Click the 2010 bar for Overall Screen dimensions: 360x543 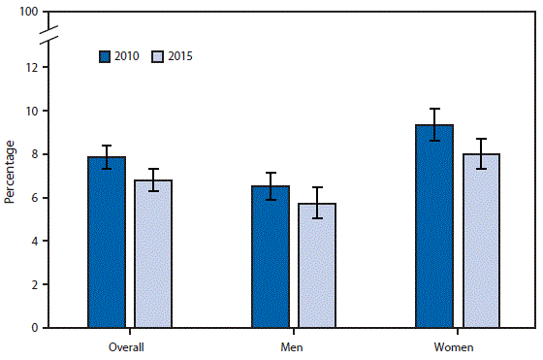pos(106,243)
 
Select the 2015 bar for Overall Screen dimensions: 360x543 pos(153,254)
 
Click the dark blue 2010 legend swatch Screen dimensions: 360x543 pos(105,56)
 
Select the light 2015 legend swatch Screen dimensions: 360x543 pos(158,56)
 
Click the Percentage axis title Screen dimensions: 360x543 pos(10,172)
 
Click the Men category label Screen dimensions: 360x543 pos(293,345)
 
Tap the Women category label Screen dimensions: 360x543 pos(457,345)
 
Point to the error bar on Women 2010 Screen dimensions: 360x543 pos(434,124)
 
